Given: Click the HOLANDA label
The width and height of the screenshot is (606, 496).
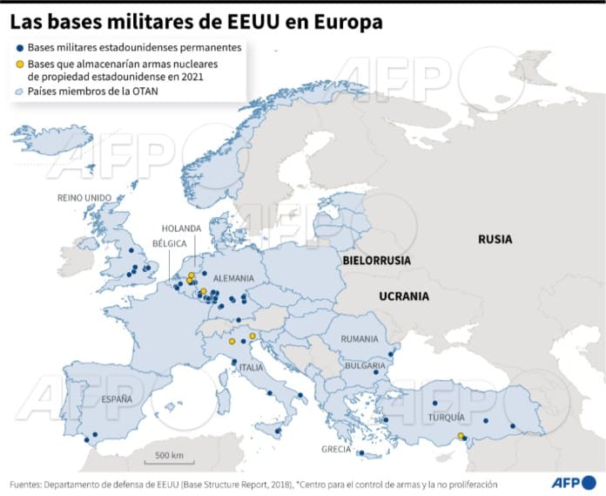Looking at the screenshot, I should point(181,228).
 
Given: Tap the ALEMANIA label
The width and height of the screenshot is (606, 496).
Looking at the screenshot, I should point(232,278).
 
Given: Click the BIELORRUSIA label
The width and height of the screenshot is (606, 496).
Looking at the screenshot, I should point(376,260).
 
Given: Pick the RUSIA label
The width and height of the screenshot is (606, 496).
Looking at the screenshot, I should point(495,239).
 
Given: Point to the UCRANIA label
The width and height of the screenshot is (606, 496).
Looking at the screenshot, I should point(404,296).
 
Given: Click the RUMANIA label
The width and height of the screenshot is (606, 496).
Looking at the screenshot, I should point(360,338).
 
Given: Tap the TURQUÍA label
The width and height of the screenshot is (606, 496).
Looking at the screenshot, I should point(446,418).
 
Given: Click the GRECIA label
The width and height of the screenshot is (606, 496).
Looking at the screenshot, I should point(335,450).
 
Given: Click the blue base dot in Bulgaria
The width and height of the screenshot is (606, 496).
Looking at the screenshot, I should point(375,371).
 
